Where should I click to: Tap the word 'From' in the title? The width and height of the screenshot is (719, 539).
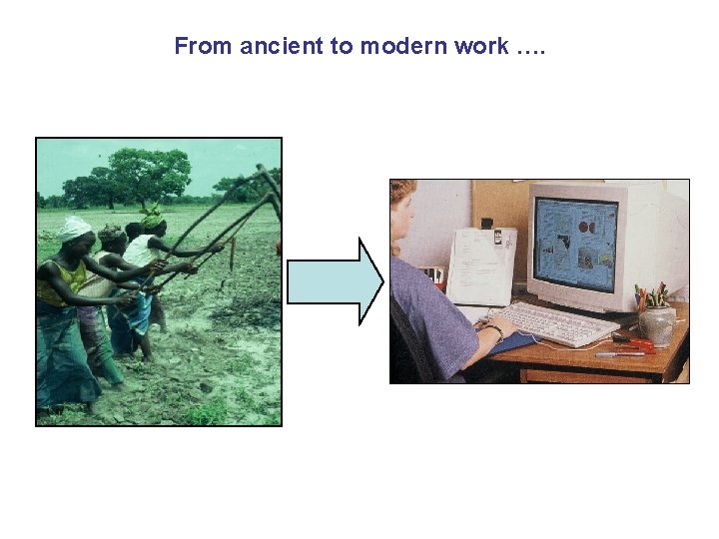pyautogui.click(x=201, y=46)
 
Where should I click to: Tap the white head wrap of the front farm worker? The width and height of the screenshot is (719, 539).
pyautogui.click(x=75, y=228)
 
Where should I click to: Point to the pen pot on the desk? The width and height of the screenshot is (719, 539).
pyautogui.click(x=656, y=323)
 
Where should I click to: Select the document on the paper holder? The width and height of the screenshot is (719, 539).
pyautogui.click(x=481, y=266)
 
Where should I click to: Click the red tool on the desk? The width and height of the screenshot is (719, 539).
pyautogui.click(x=635, y=344)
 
